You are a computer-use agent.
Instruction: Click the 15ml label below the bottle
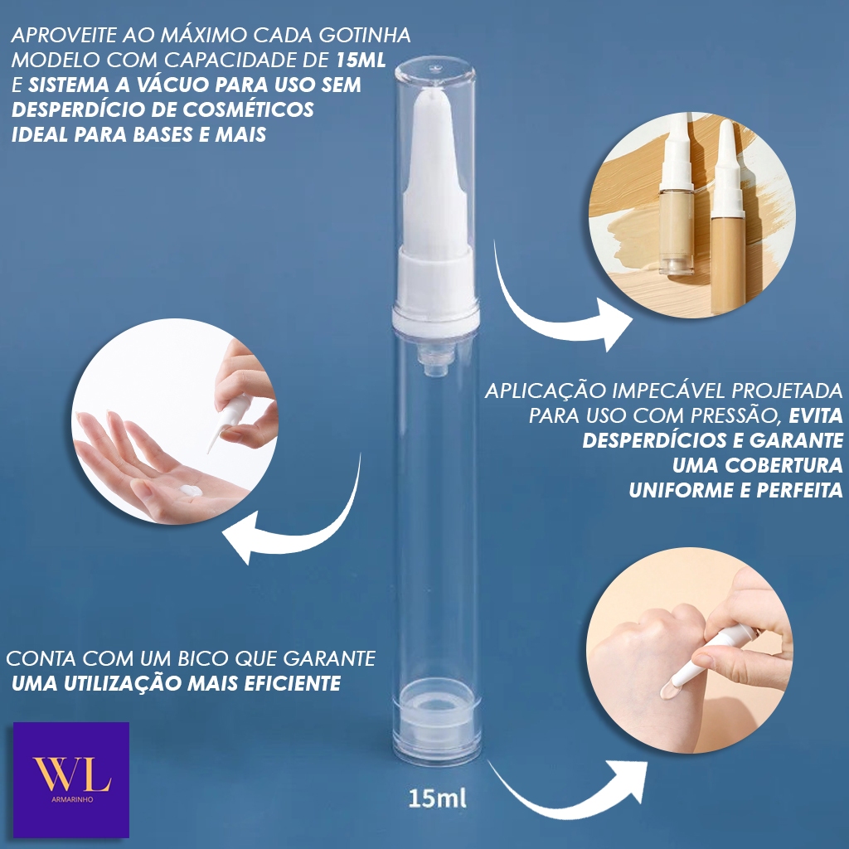point(437,798)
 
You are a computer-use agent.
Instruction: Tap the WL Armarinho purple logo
point(71,779)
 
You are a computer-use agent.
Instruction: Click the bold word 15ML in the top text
point(361,60)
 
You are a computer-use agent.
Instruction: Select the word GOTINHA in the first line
point(365,35)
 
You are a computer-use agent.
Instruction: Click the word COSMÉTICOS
point(248,109)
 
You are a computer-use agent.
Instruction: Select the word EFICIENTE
point(292,683)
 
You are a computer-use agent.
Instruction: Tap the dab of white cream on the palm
point(190,491)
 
